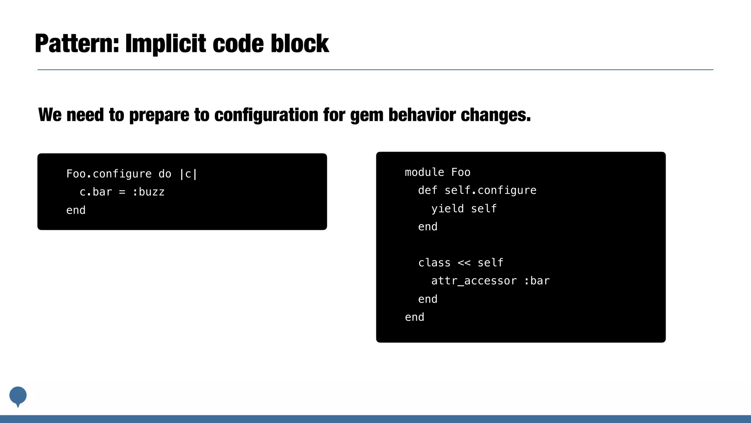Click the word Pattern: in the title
[x=77, y=44]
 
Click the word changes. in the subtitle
[x=496, y=115]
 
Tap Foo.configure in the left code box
[x=109, y=174]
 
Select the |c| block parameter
[x=188, y=174]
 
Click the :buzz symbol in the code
[x=149, y=192]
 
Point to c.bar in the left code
[x=96, y=192]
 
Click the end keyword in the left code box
[x=76, y=210]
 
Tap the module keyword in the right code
[x=424, y=172]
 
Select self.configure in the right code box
[x=490, y=190]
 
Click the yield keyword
[x=447, y=209]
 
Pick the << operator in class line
[x=464, y=263]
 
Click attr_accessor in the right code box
[x=474, y=281]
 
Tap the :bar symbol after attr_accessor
[x=537, y=281]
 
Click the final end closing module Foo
[x=414, y=317]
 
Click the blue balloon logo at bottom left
[x=18, y=396]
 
